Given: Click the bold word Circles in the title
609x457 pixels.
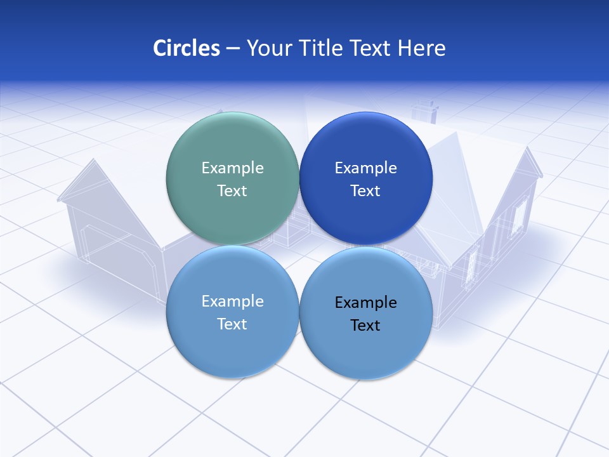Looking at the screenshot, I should (186, 48).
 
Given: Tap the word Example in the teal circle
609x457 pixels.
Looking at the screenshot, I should (232, 168).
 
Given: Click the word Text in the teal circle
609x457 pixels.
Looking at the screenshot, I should (232, 190).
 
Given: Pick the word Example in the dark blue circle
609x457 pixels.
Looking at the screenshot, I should (365, 168).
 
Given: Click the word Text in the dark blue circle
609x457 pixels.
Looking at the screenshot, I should (365, 190).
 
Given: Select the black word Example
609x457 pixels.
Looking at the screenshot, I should (365, 302).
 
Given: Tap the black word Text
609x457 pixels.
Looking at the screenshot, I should (365, 325).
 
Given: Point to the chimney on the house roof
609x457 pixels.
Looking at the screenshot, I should (424, 111).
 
